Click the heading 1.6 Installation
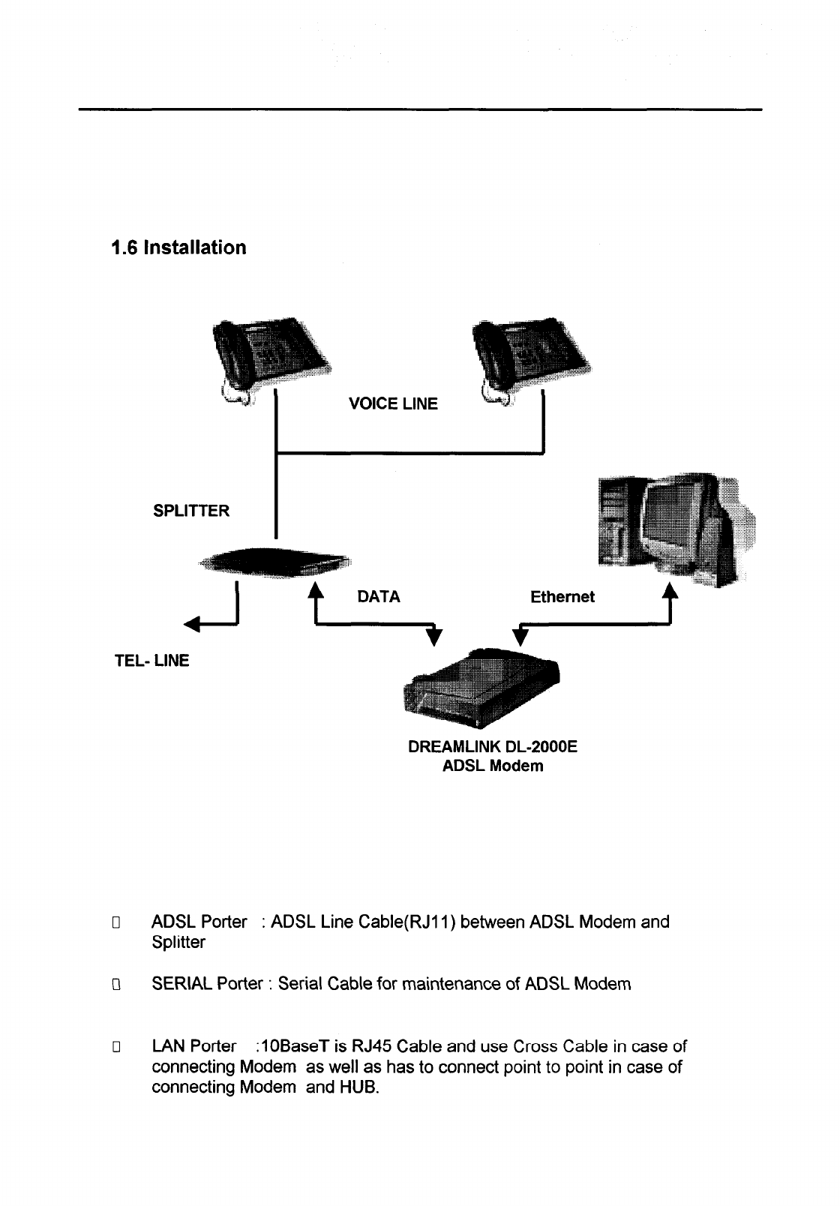[178, 247]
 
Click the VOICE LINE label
[393, 404]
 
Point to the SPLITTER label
[191, 511]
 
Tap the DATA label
[379, 597]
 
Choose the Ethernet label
[562, 597]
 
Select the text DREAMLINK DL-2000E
[493, 748]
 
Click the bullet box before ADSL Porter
[116, 922]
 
